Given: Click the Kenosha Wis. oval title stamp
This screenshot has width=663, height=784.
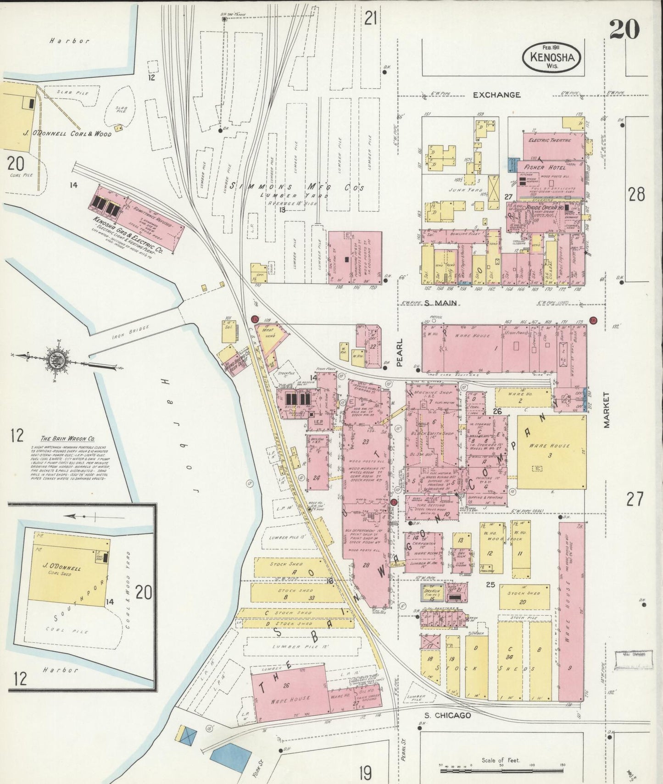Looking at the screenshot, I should (x=552, y=57).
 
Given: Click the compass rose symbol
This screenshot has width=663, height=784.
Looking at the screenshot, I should (x=58, y=361).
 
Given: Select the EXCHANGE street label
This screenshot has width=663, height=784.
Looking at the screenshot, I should (x=497, y=95).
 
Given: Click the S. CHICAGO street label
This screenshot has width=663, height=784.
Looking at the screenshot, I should (x=447, y=715).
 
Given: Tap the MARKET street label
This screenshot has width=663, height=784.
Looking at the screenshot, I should (x=607, y=410).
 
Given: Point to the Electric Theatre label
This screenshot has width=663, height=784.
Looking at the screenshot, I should (x=550, y=140).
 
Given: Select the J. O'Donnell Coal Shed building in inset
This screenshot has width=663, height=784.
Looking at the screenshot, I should (x=69, y=569).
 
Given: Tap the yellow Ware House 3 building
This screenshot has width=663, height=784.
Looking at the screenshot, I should (x=551, y=452).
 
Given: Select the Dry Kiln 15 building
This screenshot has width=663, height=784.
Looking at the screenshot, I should (x=431, y=592).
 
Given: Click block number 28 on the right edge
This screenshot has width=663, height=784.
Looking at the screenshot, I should (x=636, y=195).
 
